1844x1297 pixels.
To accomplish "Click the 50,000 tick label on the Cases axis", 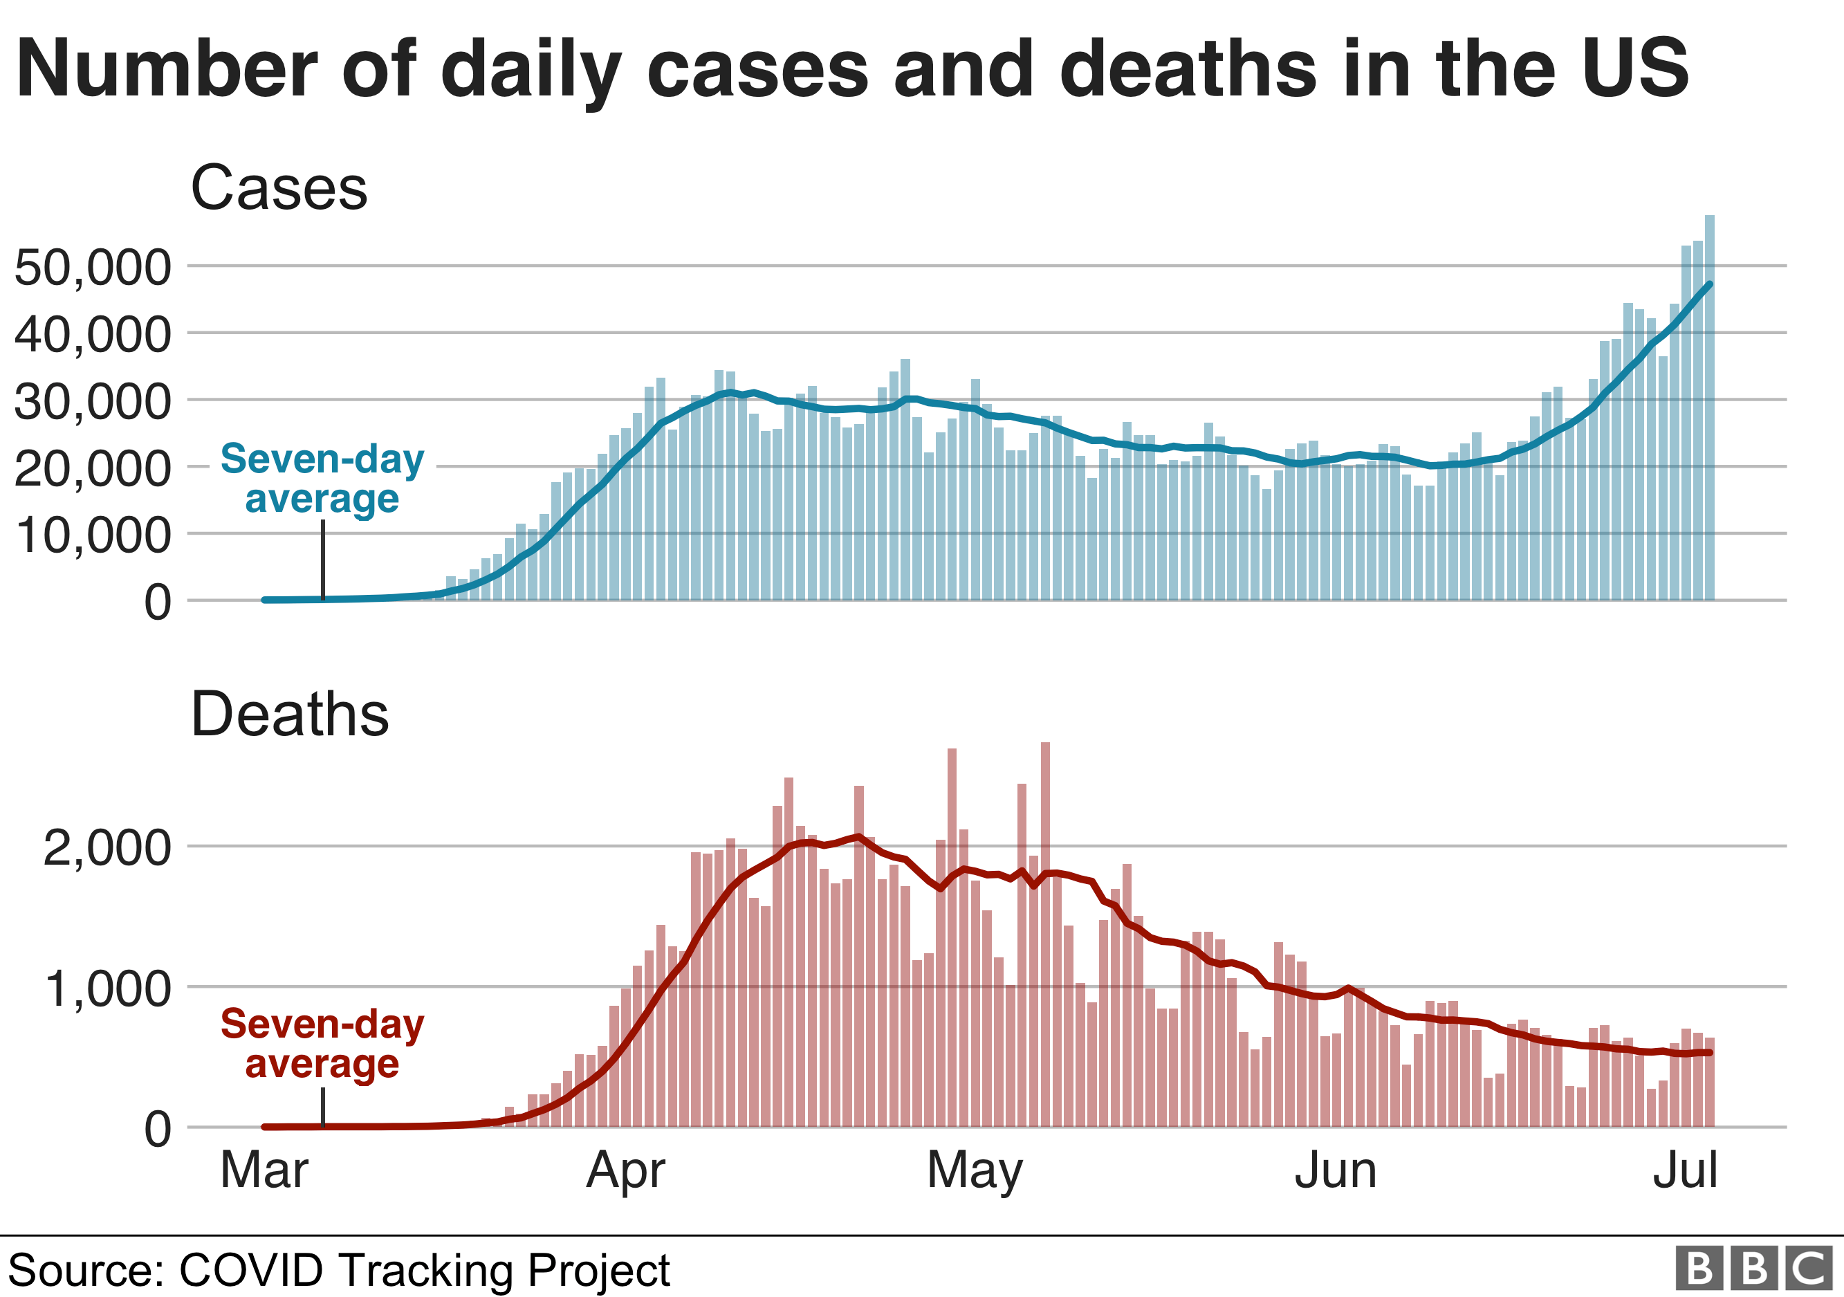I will pos(93,268).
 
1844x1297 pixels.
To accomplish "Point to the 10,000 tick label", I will pos(93,535).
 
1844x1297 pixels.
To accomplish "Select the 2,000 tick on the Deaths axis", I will pos(107,848).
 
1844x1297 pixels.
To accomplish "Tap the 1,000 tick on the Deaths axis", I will pos(107,988).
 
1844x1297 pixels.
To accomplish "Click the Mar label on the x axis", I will pos(264,1170).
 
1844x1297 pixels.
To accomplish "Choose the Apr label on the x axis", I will pos(626,1170).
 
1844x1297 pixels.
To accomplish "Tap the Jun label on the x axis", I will pos(1336,1170).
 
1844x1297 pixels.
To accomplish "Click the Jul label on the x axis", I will pos(1685,1170).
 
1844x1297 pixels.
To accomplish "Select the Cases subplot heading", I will pos(279,188).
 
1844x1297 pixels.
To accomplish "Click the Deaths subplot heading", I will pos(290,714).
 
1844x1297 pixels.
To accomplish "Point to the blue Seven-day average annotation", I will pos(322,479).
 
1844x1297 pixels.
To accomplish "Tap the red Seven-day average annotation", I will pos(322,1043).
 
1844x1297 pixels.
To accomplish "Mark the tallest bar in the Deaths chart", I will pos(1045,932).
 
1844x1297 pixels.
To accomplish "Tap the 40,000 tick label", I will pos(93,334).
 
